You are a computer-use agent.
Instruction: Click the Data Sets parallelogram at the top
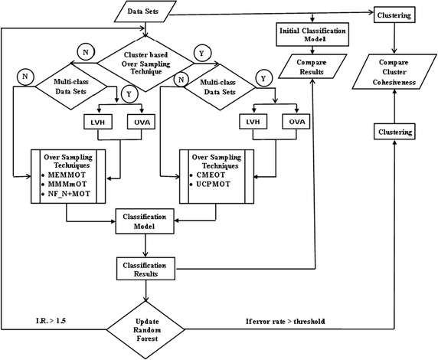(x=143, y=13)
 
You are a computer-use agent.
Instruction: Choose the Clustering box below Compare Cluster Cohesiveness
(x=393, y=133)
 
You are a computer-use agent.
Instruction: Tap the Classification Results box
(x=145, y=267)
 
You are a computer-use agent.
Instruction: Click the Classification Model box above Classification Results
(x=145, y=222)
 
